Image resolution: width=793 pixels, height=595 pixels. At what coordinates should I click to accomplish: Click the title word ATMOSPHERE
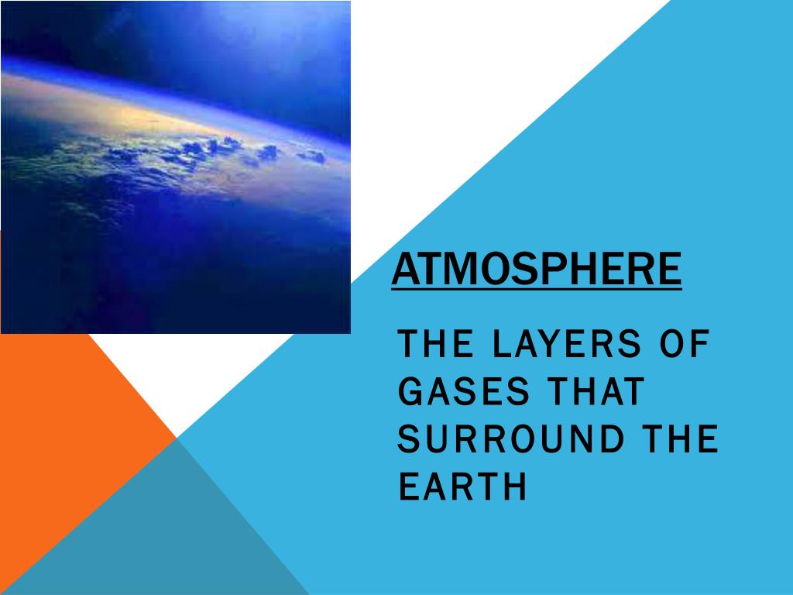pyautogui.click(x=536, y=268)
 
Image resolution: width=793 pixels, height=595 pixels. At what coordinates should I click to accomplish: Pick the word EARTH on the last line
pyautogui.click(x=462, y=487)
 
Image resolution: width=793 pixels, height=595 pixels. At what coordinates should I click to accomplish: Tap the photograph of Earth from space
pyautogui.click(x=175, y=167)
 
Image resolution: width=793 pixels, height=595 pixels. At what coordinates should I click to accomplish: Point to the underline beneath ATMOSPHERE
pyautogui.click(x=536, y=289)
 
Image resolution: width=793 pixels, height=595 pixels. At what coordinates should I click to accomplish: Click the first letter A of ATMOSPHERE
pyautogui.click(x=403, y=268)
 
